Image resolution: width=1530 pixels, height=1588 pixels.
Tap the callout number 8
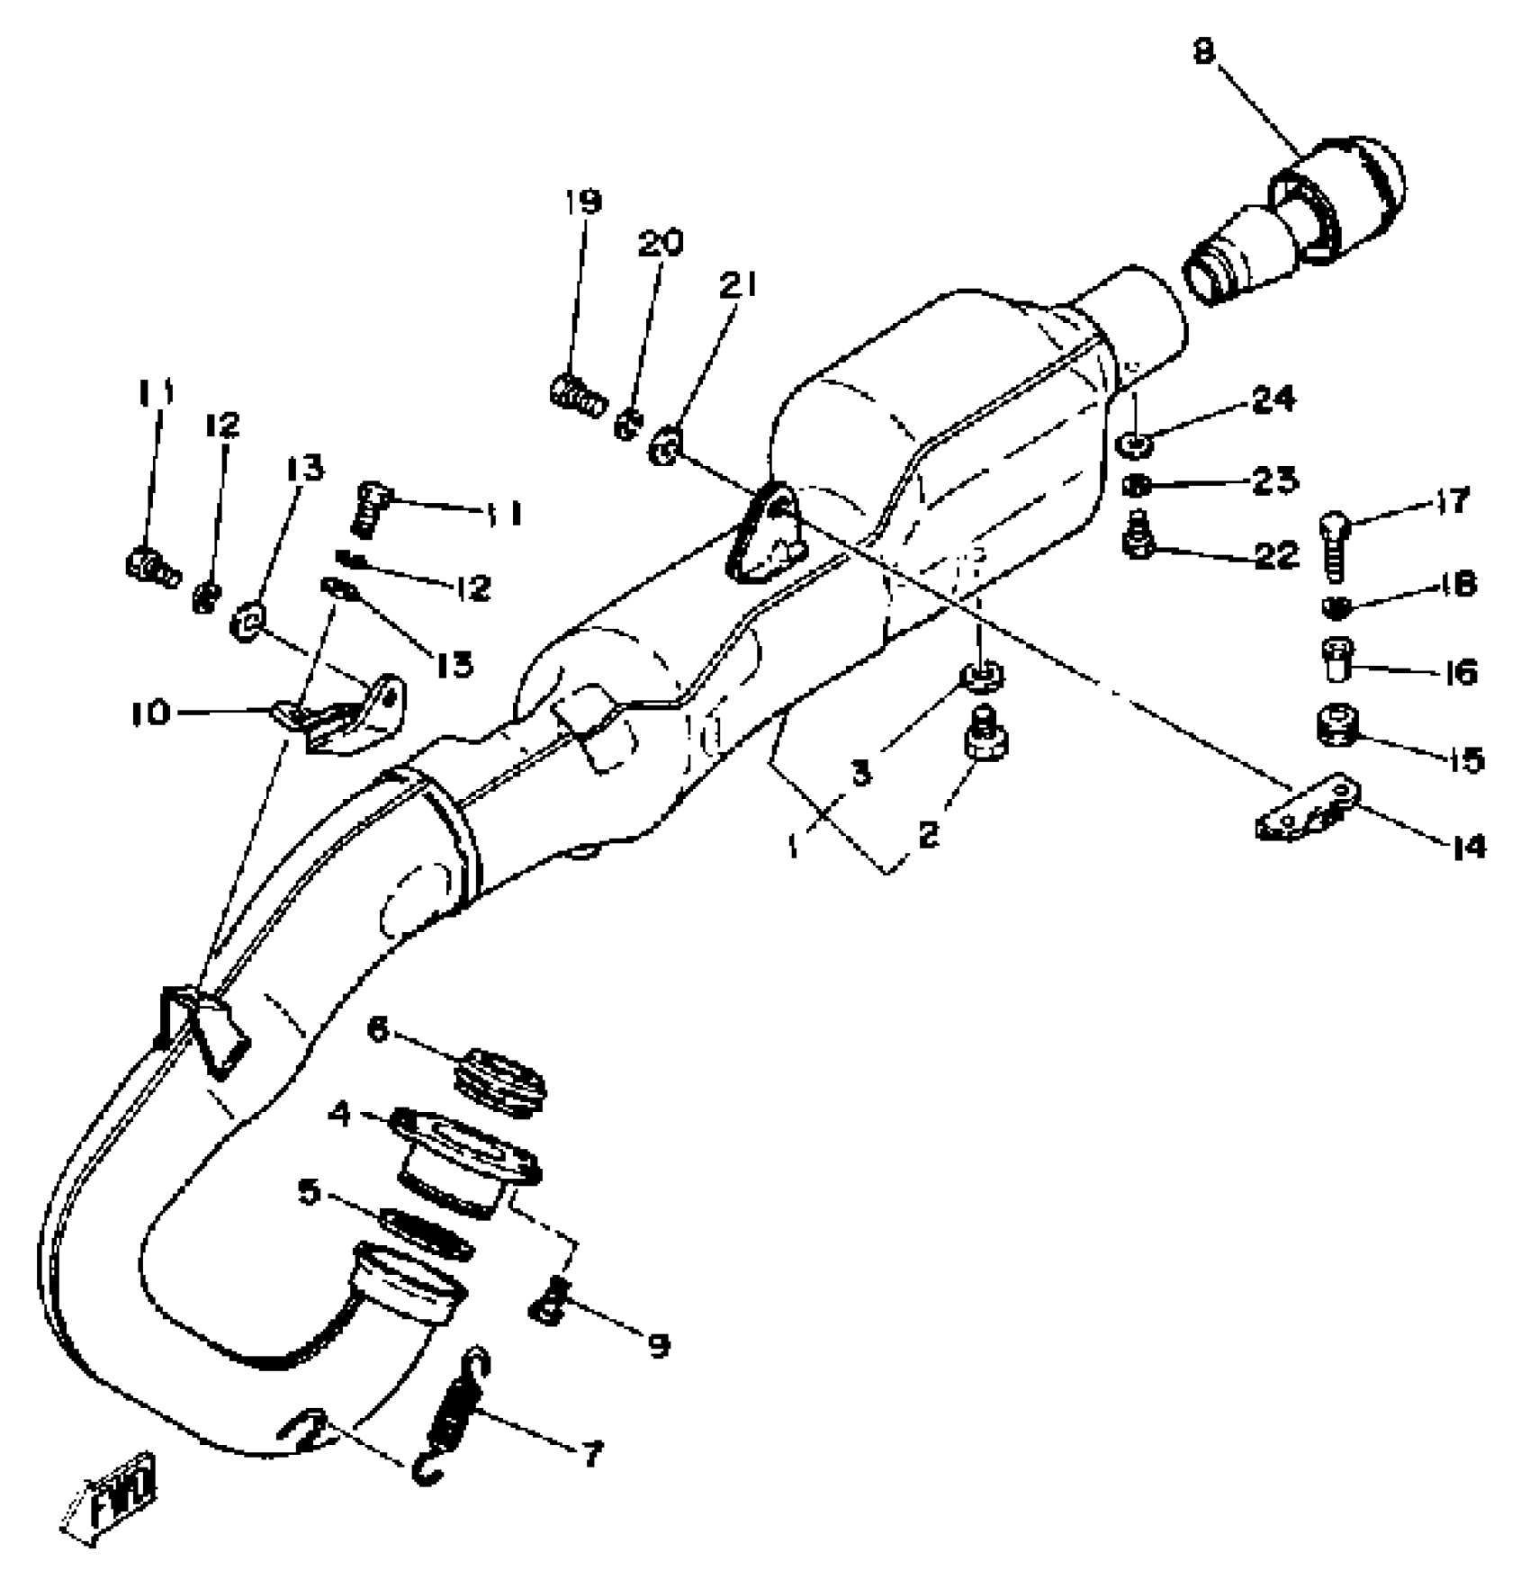(1204, 52)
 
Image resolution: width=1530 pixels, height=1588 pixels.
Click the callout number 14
(1469, 846)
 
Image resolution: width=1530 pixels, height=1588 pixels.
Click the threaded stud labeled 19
(576, 396)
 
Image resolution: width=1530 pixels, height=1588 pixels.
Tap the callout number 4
(339, 1114)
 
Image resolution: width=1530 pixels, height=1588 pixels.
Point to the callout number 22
(1276, 555)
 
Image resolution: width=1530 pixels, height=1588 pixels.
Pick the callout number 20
(661, 243)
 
